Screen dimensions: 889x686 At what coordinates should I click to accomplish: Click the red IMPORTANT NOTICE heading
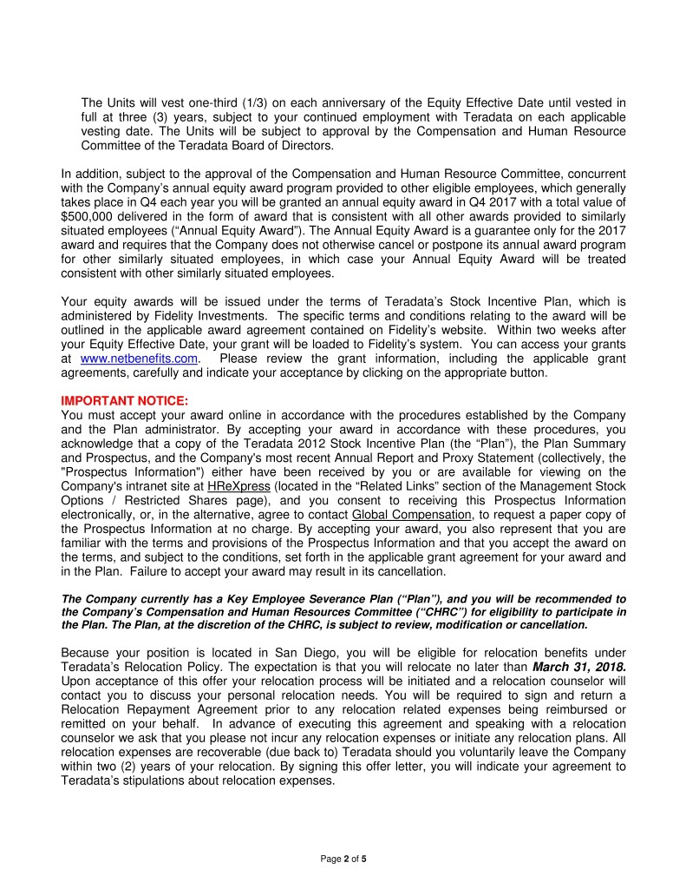pos(124,400)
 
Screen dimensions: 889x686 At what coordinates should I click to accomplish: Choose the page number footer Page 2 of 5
pos(343,859)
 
